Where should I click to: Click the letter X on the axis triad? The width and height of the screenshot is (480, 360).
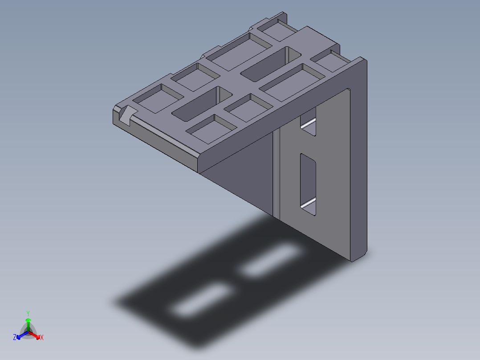[42, 338]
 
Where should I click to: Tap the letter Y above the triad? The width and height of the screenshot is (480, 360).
[28, 313]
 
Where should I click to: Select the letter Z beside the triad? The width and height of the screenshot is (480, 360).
[15, 337]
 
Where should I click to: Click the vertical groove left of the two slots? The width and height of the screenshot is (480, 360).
[277, 174]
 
